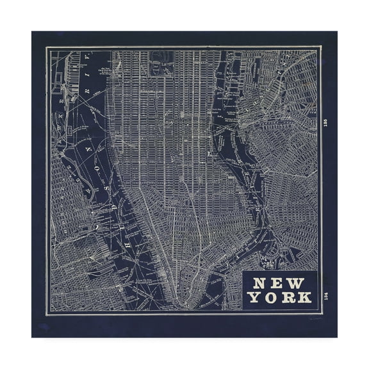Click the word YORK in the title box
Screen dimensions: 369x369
[x=280, y=298]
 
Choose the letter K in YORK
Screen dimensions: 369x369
[x=305, y=298]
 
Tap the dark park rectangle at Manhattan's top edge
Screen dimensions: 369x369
[x=156, y=64]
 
